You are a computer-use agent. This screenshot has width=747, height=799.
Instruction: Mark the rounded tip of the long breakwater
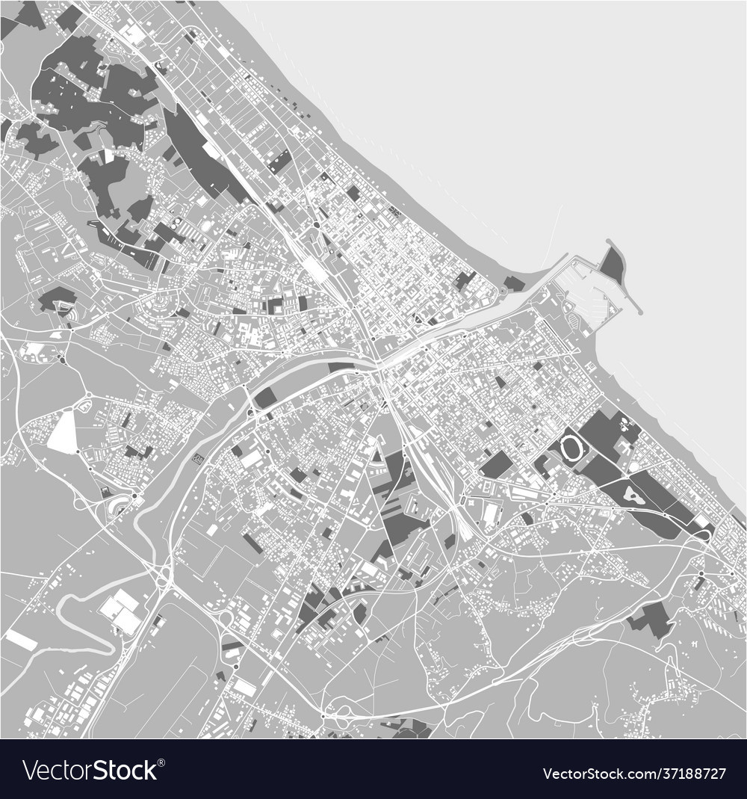pyautogui.click(x=639, y=311)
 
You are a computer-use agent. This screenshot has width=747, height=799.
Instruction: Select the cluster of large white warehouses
pyautogui.click(x=120, y=609)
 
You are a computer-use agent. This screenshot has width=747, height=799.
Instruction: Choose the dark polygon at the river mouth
pyautogui.click(x=514, y=283)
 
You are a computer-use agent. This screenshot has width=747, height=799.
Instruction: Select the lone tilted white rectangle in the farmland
pyautogui.click(x=21, y=640)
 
